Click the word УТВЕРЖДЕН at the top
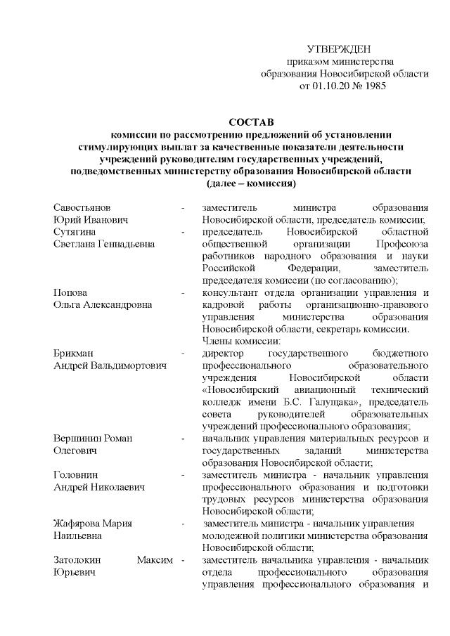click(x=340, y=48)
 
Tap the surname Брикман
click(x=74, y=353)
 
